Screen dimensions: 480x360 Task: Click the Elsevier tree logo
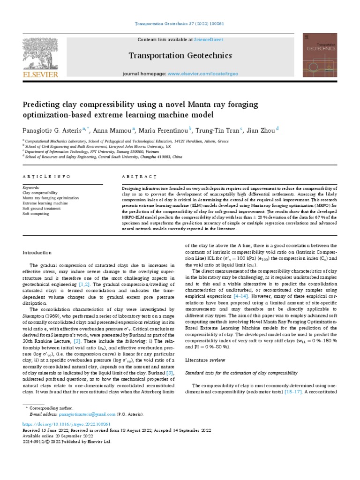coord(40,53)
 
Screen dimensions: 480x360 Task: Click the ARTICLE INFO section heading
coord(46,177)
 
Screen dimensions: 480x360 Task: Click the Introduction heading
coord(38,253)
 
